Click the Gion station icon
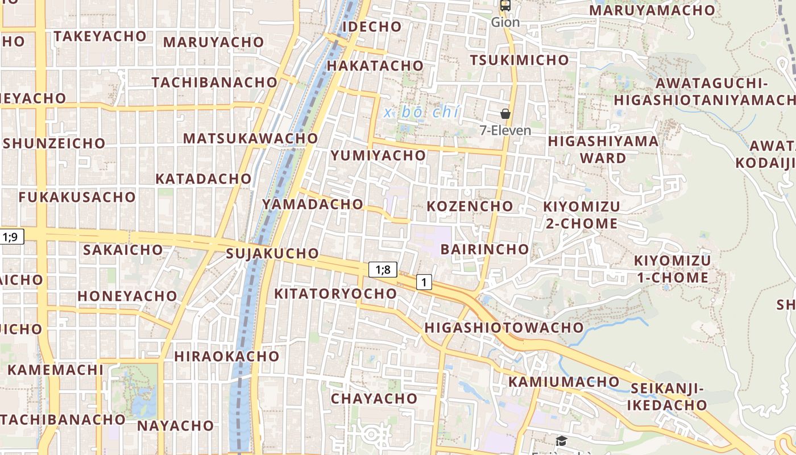pyautogui.click(x=505, y=6)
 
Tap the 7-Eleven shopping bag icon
pyautogui.click(x=505, y=114)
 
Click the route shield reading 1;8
pyautogui.click(x=383, y=269)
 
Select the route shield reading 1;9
pyautogui.click(x=12, y=237)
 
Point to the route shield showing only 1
pyautogui.click(x=424, y=282)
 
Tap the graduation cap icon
pyautogui.click(x=561, y=441)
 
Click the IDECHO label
pyautogui.click(x=372, y=27)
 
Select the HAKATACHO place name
pyautogui.click(x=375, y=65)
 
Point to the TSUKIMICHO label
pyautogui.click(x=519, y=60)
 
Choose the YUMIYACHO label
pyautogui.click(x=378, y=155)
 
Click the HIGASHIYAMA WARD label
pyautogui.click(x=603, y=149)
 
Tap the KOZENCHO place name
pyautogui.click(x=470, y=206)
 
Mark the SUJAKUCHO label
pyautogui.click(x=272, y=253)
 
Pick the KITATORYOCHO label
pyautogui.click(x=335, y=293)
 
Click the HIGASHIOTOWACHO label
pyautogui.click(x=504, y=328)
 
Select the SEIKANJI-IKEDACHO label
pyautogui.click(x=668, y=397)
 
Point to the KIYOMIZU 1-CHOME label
pyautogui.click(x=672, y=269)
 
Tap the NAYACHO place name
pyautogui.click(x=175, y=425)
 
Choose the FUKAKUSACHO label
pyautogui.click(x=77, y=197)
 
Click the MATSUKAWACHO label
pyautogui.click(x=250, y=138)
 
